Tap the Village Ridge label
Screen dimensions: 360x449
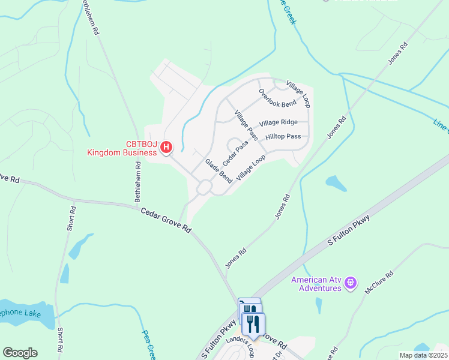[x=279, y=122]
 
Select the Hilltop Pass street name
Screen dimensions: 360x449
[x=283, y=137]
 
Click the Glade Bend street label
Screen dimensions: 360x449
[x=218, y=171]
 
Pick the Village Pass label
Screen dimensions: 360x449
[x=246, y=125]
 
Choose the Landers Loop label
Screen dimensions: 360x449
[x=241, y=347]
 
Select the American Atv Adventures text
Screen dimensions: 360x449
[x=316, y=284]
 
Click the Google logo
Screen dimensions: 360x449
[x=20, y=353]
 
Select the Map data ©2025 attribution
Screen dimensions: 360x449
[x=423, y=355]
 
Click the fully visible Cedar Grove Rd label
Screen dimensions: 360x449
[x=166, y=220]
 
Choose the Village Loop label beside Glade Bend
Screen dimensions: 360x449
[x=251, y=168]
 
